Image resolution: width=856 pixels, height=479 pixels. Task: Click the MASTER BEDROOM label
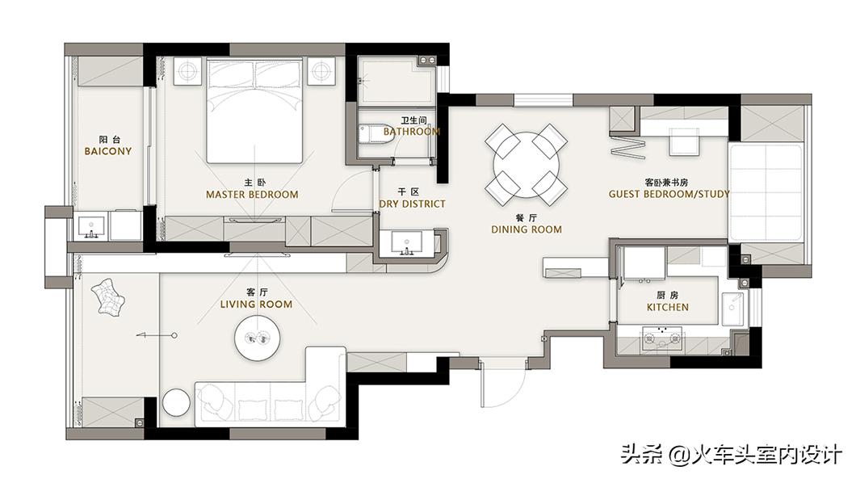tap(252, 195)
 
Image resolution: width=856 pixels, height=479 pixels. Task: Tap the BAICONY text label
tap(108, 151)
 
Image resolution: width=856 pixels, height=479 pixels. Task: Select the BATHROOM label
tap(412, 132)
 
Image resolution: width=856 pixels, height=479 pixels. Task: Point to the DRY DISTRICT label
tap(412, 204)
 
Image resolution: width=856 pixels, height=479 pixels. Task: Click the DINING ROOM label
tap(527, 230)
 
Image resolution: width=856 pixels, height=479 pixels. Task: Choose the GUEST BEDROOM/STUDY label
tap(669, 194)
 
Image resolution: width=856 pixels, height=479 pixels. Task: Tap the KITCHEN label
tap(668, 308)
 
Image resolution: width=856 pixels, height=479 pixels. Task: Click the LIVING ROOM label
tap(256, 305)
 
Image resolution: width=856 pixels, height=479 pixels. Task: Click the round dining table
tap(527, 165)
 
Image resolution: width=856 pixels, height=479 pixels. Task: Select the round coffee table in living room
tap(258, 338)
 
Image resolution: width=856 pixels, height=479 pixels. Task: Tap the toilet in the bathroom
tap(376, 134)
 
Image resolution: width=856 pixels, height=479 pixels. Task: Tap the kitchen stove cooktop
tap(662, 338)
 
